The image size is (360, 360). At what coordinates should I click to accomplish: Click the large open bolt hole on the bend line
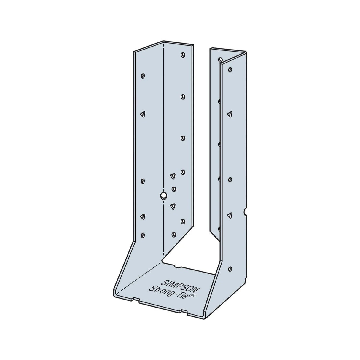[163, 195]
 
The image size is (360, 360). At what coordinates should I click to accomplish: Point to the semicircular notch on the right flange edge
[245, 212]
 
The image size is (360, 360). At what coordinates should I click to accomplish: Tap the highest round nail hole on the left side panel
[183, 55]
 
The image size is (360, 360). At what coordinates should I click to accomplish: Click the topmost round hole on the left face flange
[143, 76]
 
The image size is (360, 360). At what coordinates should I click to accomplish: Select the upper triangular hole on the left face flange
[143, 114]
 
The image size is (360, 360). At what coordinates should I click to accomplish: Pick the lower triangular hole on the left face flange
[143, 217]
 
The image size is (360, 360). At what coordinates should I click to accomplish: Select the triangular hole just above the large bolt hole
[172, 176]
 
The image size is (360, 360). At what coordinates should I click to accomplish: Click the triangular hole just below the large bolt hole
[172, 206]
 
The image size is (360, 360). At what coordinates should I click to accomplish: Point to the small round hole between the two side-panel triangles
[174, 189]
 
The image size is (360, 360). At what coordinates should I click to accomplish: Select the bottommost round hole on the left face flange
[143, 235]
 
